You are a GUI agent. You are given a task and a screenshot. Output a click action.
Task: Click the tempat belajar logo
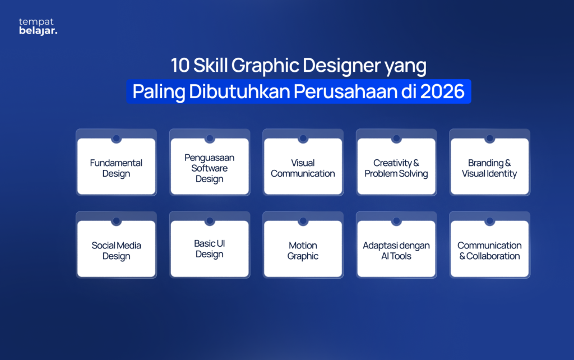pos(38,26)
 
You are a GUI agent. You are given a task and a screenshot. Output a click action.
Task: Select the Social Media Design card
pos(116,250)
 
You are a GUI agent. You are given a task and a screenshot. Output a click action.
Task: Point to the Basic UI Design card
pos(209,249)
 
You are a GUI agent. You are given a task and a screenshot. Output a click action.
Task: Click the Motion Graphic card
pos(303,250)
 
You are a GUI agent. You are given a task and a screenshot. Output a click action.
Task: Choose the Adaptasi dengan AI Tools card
pos(396,250)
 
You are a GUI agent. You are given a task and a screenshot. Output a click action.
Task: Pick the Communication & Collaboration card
pos(489,250)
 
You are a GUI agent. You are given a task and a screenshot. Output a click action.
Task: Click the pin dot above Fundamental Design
pos(116,139)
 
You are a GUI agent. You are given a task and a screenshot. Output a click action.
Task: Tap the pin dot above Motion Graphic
pos(303,221)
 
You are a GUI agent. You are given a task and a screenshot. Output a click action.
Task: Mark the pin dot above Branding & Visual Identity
pos(489,139)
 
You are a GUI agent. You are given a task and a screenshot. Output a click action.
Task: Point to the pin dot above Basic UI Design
pos(209,221)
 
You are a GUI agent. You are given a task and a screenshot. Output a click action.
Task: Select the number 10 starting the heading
pos(180,66)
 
